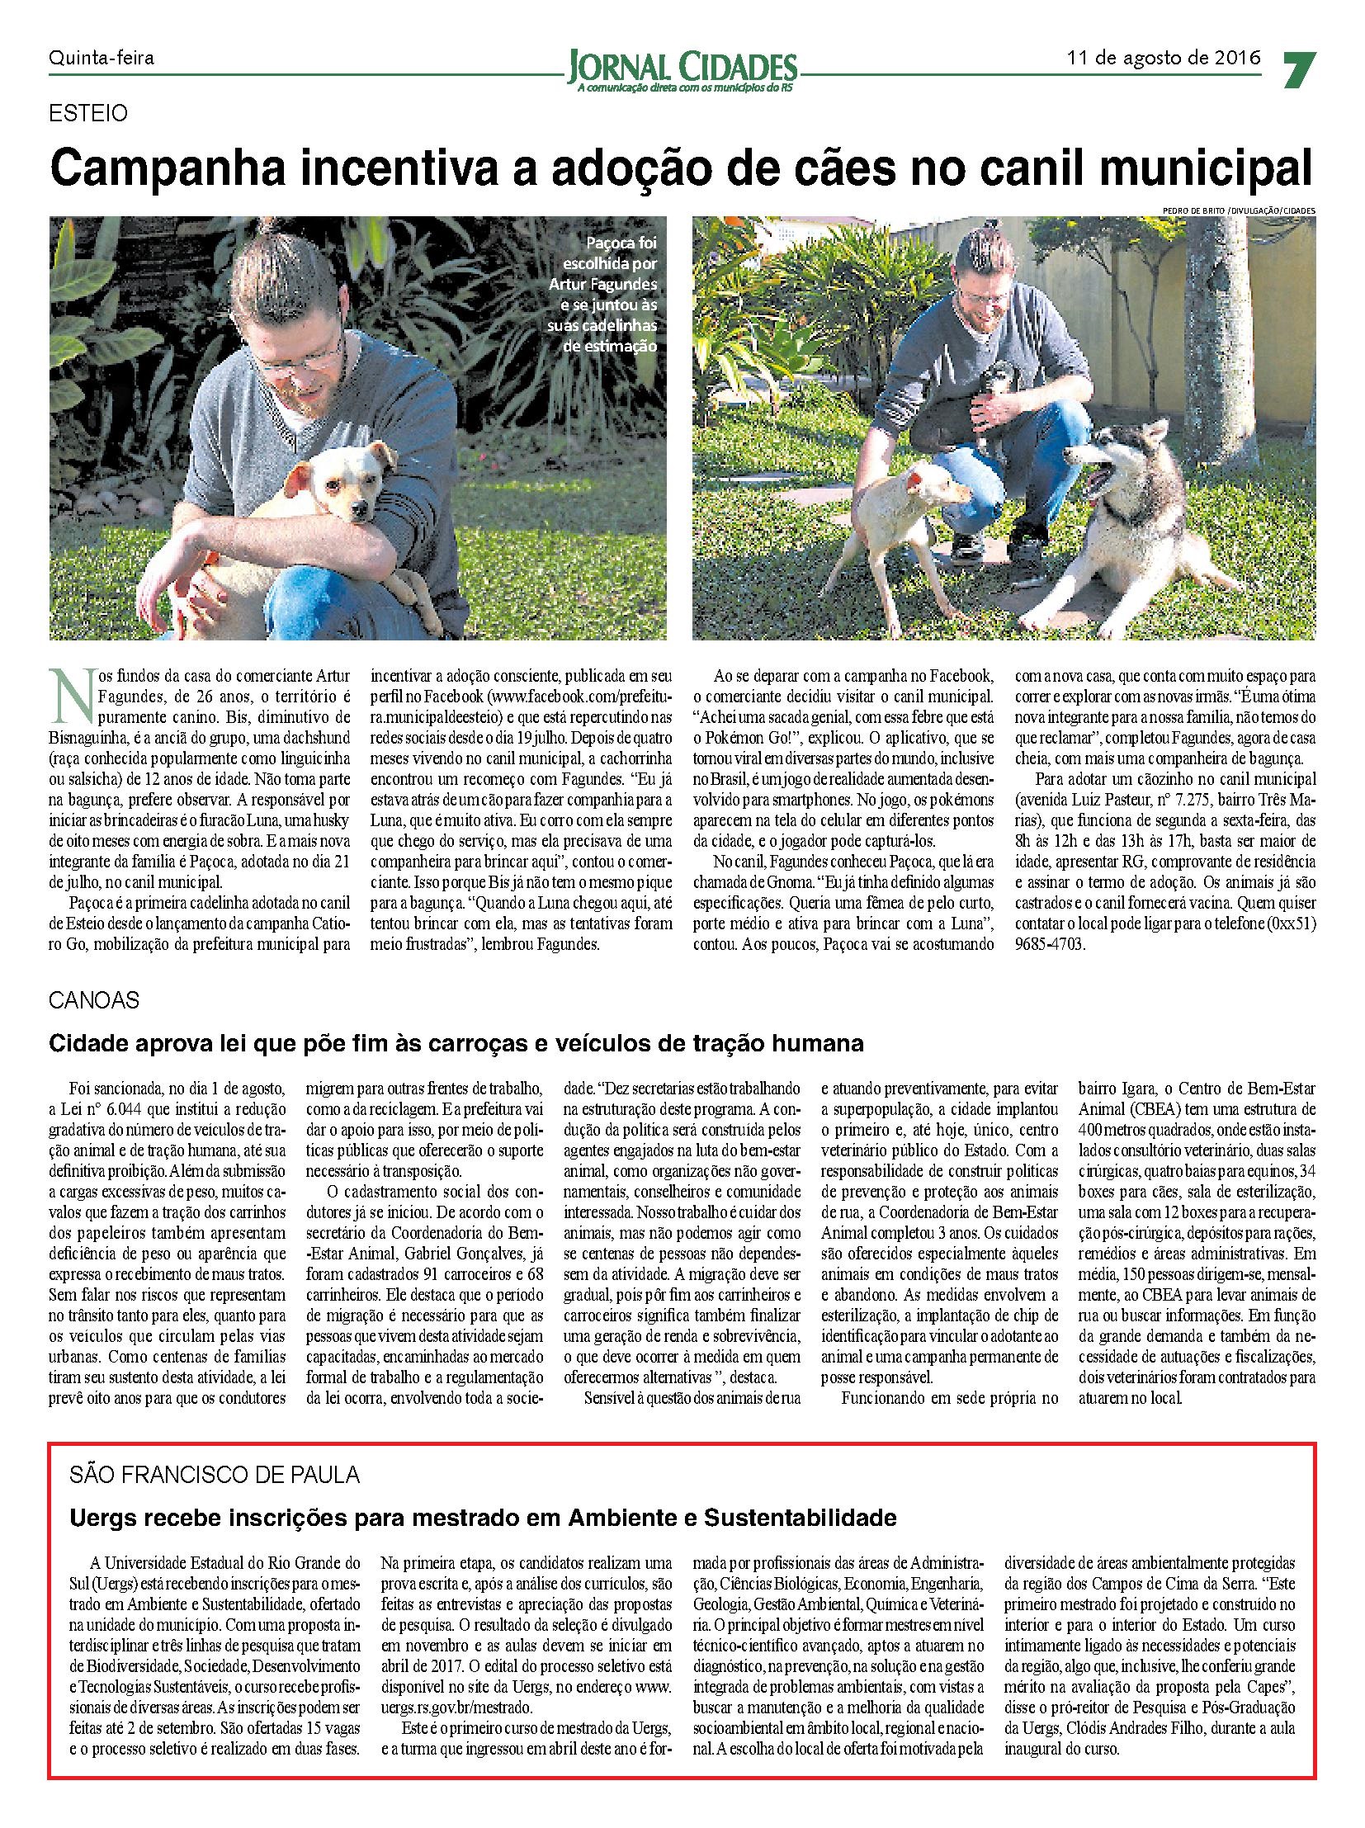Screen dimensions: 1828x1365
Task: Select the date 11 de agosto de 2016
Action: (1164, 58)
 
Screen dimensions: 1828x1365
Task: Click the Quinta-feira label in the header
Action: (102, 58)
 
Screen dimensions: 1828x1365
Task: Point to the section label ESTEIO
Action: (88, 114)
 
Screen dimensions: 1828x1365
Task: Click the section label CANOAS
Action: (94, 1000)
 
